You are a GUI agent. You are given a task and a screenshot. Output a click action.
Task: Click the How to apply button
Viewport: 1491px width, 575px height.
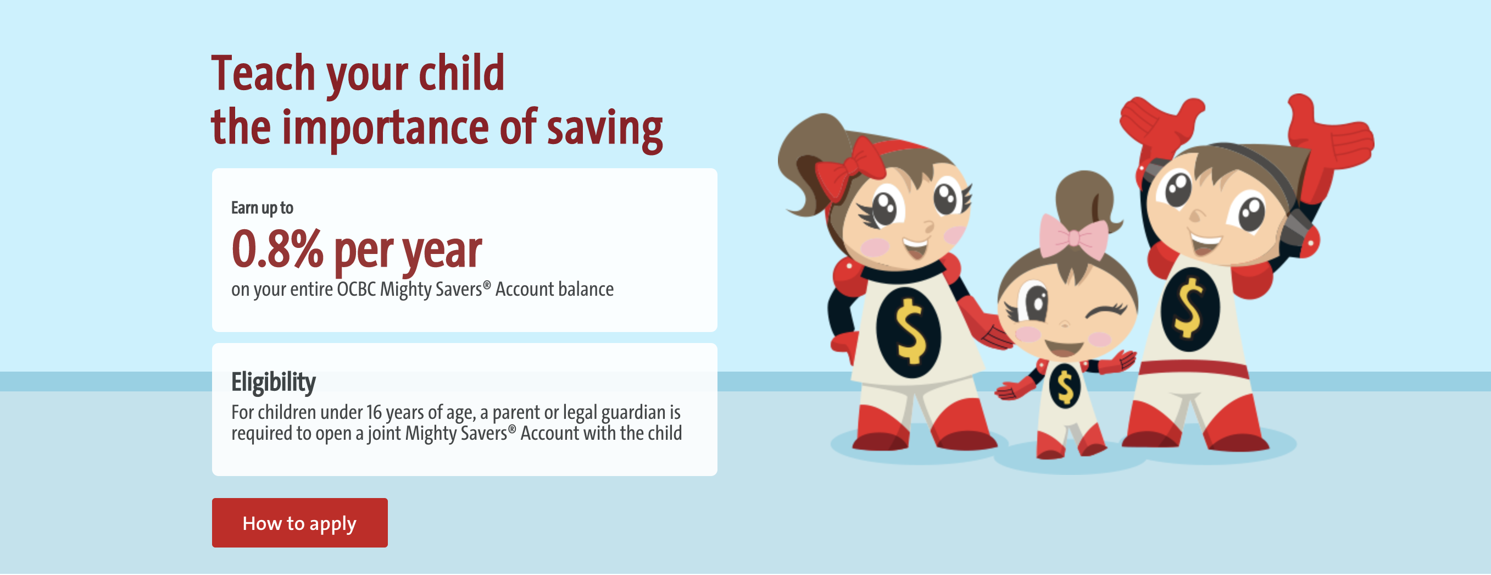tap(300, 522)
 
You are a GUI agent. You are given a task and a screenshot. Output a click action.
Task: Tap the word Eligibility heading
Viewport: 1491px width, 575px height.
tap(273, 383)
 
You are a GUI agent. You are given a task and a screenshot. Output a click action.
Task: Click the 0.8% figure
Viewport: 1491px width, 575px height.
tap(277, 249)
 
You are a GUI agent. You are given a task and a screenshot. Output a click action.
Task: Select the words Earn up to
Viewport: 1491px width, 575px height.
tap(262, 208)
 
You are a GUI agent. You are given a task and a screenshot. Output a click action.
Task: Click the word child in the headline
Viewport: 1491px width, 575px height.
tap(461, 73)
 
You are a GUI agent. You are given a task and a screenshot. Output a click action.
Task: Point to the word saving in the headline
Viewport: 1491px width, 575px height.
tap(605, 129)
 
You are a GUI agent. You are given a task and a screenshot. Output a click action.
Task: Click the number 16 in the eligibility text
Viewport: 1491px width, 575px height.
tap(374, 412)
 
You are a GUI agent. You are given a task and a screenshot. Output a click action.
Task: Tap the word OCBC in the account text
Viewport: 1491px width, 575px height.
tap(357, 289)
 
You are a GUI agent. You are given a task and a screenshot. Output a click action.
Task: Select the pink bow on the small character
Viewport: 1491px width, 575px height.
tap(1073, 237)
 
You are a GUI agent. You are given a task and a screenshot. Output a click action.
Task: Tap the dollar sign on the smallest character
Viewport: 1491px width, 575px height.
tap(1065, 386)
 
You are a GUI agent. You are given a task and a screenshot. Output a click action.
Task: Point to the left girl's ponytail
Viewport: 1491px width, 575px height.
tap(810, 162)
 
